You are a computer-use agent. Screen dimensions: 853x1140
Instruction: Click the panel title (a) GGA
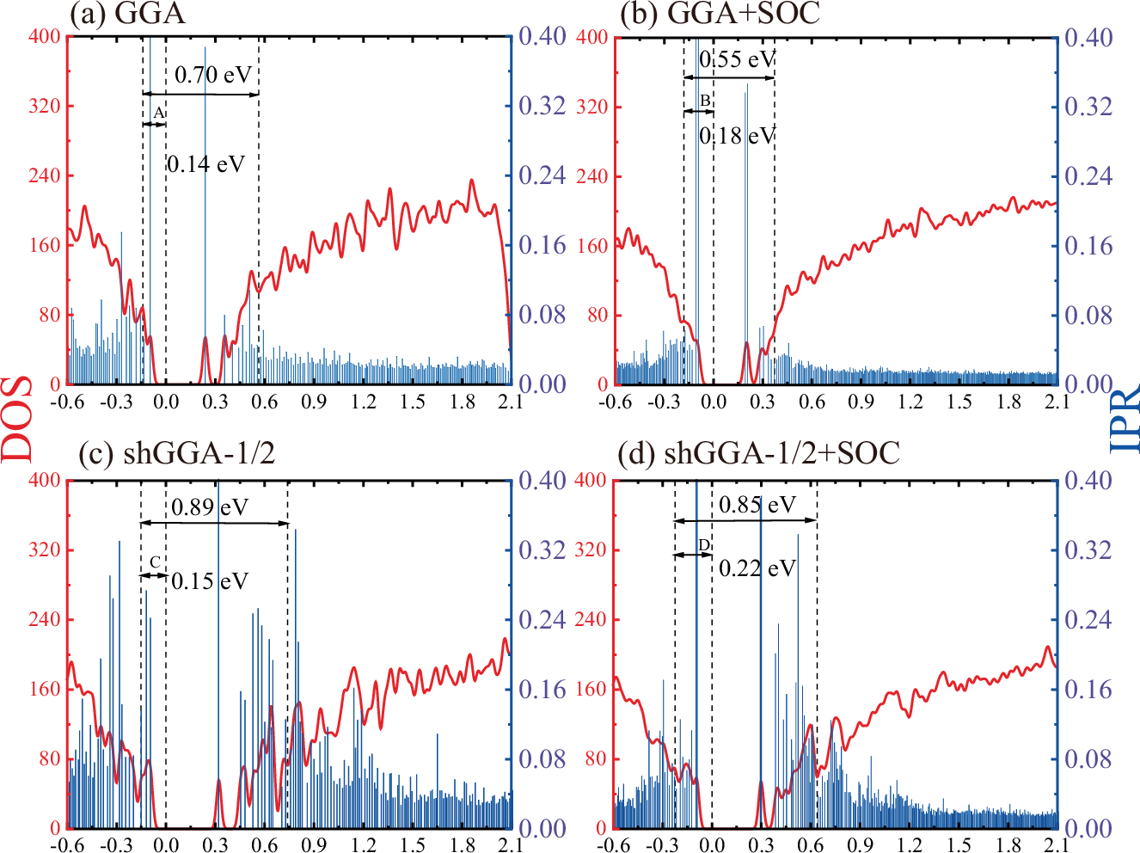[127, 15]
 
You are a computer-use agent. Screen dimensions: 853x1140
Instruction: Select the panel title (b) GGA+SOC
[720, 14]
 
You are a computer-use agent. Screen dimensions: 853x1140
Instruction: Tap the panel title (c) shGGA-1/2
[176, 453]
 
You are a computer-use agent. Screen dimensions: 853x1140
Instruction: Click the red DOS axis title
[17, 419]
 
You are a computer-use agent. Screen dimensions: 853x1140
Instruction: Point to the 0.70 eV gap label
[213, 75]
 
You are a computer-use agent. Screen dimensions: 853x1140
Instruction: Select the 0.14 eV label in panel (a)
[206, 163]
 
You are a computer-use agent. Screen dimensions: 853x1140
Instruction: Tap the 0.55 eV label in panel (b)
[737, 59]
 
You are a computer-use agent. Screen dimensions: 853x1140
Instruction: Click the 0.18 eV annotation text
[737, 136]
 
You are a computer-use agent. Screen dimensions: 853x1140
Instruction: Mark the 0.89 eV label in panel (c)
[210, 507]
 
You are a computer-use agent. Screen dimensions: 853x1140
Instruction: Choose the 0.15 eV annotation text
[210, 581]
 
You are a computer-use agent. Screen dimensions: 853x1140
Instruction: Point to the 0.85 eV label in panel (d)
[757, 505]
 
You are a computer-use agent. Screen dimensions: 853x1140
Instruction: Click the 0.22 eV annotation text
[757, 568]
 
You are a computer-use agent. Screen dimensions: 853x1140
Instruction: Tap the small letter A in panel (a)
[157, 113]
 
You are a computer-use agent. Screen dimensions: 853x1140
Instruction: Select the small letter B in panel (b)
[705, 101]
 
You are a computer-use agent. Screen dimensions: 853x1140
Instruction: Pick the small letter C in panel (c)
[155, 562]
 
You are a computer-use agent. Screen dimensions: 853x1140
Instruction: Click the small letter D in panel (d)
[703, 545]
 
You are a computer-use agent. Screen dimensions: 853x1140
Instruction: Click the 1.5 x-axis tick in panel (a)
[413, 402]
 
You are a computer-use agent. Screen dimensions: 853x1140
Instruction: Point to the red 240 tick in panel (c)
[45, 619]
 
